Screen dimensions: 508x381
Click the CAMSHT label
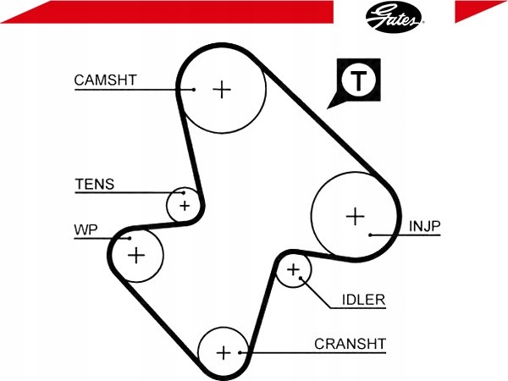[105, 80]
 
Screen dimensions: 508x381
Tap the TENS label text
[95, 185]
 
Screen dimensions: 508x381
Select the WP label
[86, 229]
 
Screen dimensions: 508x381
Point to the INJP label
[424, 226]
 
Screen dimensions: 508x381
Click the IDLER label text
[363, 300]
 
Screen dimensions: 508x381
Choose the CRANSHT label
[350, 344]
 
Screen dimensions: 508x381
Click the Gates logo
[394, 17]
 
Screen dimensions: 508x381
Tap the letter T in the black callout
[358, 80]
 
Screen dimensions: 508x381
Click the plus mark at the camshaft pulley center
[222, 90]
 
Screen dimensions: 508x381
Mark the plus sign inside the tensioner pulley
[185, 206]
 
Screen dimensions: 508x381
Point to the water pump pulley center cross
[136, 256]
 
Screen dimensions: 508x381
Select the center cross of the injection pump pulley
[356, 216]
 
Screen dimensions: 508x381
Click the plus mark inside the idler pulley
[294, 269]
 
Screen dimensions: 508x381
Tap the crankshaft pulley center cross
[224, 352]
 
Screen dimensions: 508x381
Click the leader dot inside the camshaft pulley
[194, 90]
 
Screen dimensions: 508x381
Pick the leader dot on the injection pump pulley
[370, 235]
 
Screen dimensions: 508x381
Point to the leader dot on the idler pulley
[301, 278]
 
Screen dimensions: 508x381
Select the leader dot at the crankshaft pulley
[240, 352]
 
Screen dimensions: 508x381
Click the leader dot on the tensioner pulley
[184, 193]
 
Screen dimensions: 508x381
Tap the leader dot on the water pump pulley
[130, 239]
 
